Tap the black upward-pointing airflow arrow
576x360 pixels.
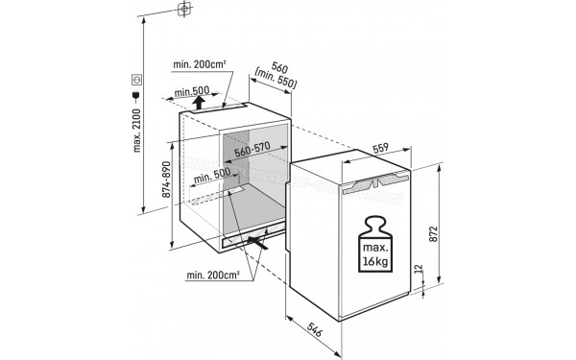199,100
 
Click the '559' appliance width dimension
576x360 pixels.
380,149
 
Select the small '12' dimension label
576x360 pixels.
416,275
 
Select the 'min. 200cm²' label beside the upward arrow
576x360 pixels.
199,64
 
